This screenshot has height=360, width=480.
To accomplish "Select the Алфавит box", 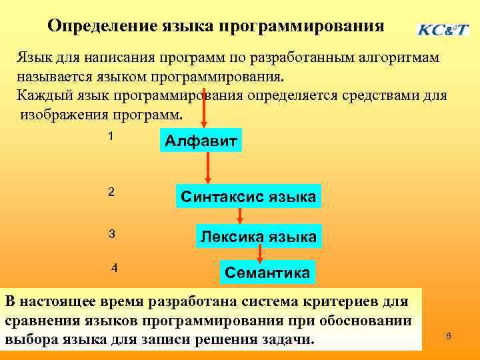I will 200,141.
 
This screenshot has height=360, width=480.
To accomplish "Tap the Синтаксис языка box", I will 248,197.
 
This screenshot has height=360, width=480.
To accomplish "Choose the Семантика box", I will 267,272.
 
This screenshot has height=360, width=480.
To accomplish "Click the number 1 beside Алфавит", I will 111,136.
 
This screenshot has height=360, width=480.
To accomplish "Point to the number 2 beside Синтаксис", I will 111,192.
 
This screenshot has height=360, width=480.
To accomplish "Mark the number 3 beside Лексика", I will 112,234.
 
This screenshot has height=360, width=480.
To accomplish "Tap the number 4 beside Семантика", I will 115,268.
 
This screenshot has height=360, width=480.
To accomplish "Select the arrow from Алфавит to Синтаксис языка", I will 208,167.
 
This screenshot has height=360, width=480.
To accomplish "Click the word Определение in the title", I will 101,26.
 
